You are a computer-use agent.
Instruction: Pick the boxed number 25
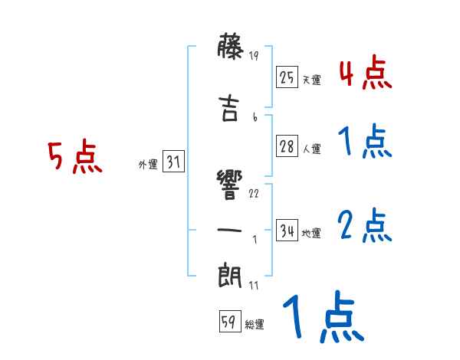pos(287,77)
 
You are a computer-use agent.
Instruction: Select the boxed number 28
pos(287,147)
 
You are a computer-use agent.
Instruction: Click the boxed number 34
pos(287,231)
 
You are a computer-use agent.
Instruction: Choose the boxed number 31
pos(173,162)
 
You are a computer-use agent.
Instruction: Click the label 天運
pos(311,80)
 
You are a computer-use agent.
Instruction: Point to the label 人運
pos(311,149)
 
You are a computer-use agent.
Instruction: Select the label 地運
pos(311,233)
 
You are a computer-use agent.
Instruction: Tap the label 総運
pos(255,325)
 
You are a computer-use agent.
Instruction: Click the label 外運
pos(147,165)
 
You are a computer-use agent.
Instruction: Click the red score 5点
pos(74,158)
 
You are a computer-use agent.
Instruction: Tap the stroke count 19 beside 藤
pos(255,56)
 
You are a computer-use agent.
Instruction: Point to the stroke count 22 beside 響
pos(255,194)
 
